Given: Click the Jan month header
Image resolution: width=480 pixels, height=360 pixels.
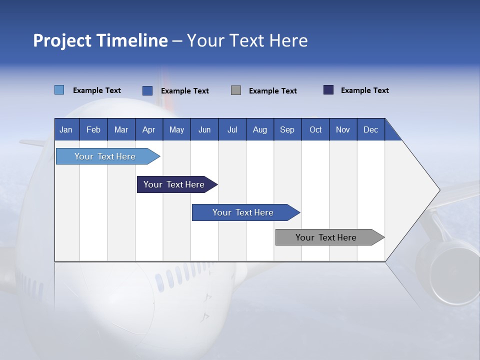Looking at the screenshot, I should pyautogui.click(x=66, y=129).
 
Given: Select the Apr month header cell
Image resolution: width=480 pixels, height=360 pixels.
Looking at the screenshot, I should pyautogui.click(x=149, y=129).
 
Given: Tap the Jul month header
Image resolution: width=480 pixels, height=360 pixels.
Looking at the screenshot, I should pyautogui.click(x=232, y=129).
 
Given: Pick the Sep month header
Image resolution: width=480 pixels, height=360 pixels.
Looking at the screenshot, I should pyautogui.click(x=287, y=129).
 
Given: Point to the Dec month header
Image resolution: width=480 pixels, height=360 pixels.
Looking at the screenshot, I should pyautogui.click(x=370, y=129).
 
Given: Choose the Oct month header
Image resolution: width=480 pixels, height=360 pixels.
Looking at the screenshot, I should pyautogui.click(x=315, y=129).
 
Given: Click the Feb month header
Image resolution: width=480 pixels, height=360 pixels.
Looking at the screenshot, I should pyautogui.click(x=93, y=129).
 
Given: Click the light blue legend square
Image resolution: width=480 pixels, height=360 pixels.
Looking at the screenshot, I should pyautogui.click(x=59, y=90).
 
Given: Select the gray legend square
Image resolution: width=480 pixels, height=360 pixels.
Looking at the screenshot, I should pyautogui.click(x=236, y=90).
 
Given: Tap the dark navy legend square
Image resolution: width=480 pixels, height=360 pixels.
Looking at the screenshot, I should pyautogui.click(x=328, y=90).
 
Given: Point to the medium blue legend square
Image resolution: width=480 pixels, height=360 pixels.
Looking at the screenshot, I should pyautogui.click(x=147, y=90).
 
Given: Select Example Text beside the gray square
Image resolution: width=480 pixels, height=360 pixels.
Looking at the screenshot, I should pyautogui.click(x=272, y=91).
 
